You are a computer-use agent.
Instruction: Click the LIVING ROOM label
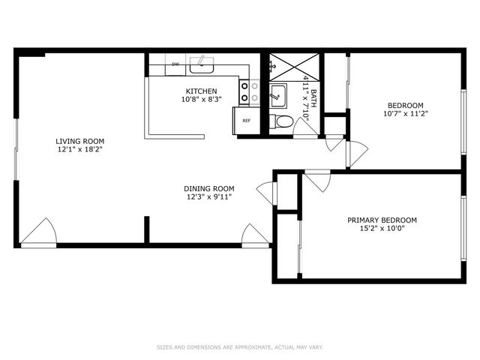pyautogui.click(x=79, y=141)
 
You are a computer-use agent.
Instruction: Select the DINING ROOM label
pyautogui.click(x=210, y=189)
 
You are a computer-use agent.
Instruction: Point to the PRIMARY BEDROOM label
pyautogui.click(x=382, y=220)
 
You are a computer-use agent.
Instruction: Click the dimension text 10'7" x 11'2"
pyautogui.click(x=405, y=114)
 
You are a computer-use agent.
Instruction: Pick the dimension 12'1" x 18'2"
pyautogui.click(x=79, y=149)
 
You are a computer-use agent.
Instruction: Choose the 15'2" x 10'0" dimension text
pyautogui.click(x=382, y=229)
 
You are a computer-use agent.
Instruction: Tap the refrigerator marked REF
pyautogui.click(x=246, y=120)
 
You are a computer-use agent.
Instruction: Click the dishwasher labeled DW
pyautogui.click(x=175, y=64)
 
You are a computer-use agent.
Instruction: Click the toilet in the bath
pyautogui.click(x=283, y=121)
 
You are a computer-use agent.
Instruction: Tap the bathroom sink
pyautogui.click(x=277, y=94)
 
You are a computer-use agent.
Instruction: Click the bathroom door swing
pyautogui.click(x=304, y=128)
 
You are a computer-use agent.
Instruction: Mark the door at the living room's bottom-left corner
pyautogui.click(x=39, y=232)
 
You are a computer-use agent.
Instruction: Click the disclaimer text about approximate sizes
pyautogui.click(x=239, y=347)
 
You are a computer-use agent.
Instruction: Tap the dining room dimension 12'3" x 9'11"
pyautogui.click(x=210, y=197)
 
